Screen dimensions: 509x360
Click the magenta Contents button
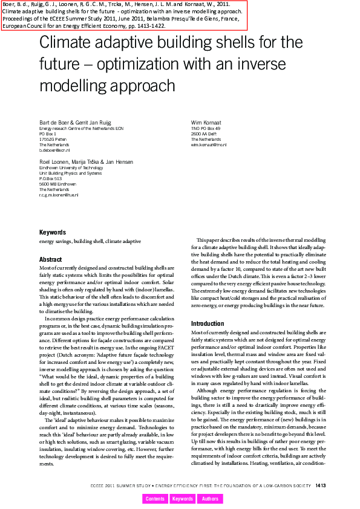(x=155, y=499)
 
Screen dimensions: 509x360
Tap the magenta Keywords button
(x=183, y=499)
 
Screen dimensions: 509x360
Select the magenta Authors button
(x=211, y=499)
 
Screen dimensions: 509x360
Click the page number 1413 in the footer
(x=321, y=485)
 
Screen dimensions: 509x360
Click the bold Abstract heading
(x=50, y=259)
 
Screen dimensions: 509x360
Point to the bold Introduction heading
(x=208, y=324)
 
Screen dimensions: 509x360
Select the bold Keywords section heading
(x=53, y=232)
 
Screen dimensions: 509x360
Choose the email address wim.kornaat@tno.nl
(x=209, y=145)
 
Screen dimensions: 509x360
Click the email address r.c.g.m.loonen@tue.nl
(x=59, y=195)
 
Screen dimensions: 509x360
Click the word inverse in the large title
(x=258, y=64)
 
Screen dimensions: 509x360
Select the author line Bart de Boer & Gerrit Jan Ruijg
(x=75, y=123)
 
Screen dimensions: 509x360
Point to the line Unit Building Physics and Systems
(x=70, y=173)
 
